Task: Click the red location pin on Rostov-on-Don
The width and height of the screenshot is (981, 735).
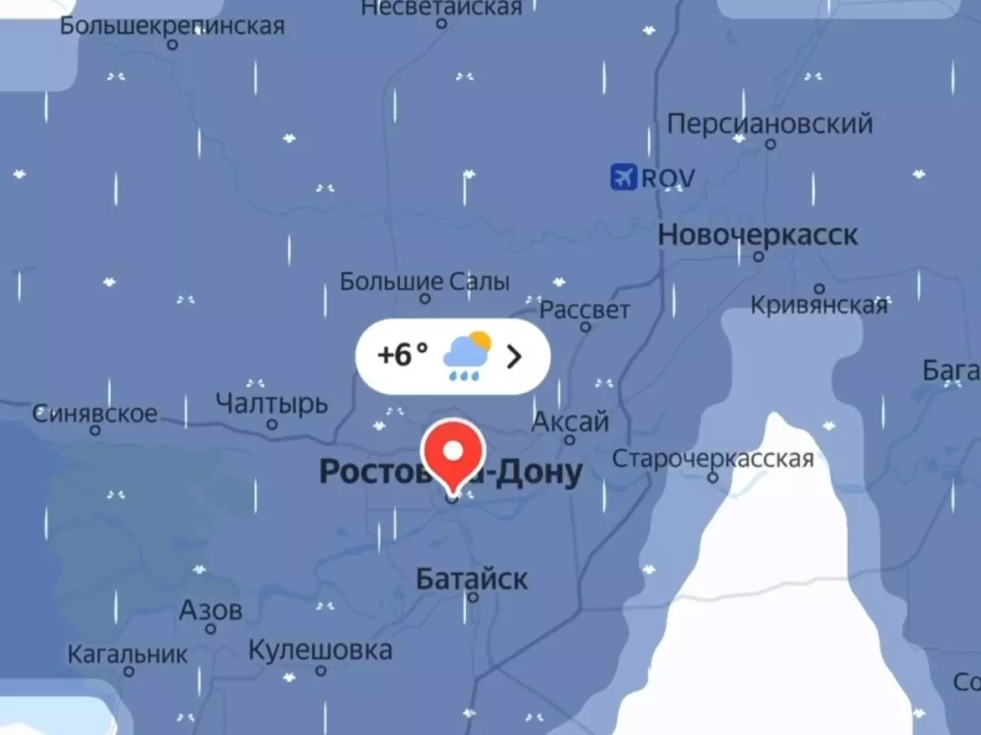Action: (453, 453)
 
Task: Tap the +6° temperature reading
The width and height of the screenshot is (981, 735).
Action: (402, 355)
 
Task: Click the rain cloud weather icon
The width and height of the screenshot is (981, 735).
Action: (467, 356)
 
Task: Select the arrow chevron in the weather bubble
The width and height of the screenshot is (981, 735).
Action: (515, 357)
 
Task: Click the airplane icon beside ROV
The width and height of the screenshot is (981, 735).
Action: (623, 177)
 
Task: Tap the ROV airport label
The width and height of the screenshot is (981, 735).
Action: (668, 178)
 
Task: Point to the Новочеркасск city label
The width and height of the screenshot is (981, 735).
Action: (757, 235)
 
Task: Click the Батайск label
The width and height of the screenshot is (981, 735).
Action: (472, 578)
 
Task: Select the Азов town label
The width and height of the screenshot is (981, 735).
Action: (210, 610)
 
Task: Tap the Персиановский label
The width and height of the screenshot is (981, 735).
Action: (770, 124)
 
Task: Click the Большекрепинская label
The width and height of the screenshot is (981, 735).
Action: (172, 26)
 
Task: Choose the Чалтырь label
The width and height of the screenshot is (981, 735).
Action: (272, 403)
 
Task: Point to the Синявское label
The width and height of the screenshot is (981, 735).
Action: (95, 413)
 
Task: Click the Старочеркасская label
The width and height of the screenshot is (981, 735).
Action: (713, 458)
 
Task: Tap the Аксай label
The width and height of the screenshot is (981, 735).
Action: (570, 422)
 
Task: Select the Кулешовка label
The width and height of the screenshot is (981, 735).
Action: (320, 650)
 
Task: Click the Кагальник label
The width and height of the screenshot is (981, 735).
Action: (127, 653)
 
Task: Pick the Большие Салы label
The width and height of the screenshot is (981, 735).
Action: (424, 282)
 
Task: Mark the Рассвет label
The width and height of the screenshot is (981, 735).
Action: (584, 310)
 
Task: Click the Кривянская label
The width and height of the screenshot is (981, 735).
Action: (818, 305)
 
